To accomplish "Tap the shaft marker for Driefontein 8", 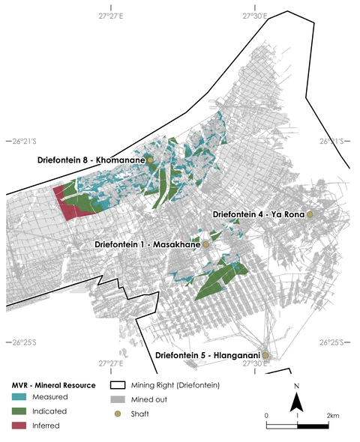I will click(x=150, y=160).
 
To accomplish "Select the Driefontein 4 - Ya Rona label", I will click(x=258, y=215).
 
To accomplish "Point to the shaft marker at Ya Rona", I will click(x=310, y=215).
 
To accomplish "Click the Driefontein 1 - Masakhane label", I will click(x=148, y=245).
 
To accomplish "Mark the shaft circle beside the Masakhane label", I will click(x=207, y=245).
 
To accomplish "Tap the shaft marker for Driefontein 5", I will click(x=265, y=355).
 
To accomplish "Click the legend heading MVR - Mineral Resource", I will click(x=53, y=385).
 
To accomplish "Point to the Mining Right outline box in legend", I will click(x=116, y=385).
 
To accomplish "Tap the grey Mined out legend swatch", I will click(x=116, y=399).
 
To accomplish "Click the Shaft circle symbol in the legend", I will click(x=116, y=413).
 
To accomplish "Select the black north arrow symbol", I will click(x=297, y=402).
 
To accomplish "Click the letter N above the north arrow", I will click(x=297, y=387).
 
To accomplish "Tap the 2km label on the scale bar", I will click(x=333, y=415).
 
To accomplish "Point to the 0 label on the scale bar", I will click(x=266, y=415).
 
